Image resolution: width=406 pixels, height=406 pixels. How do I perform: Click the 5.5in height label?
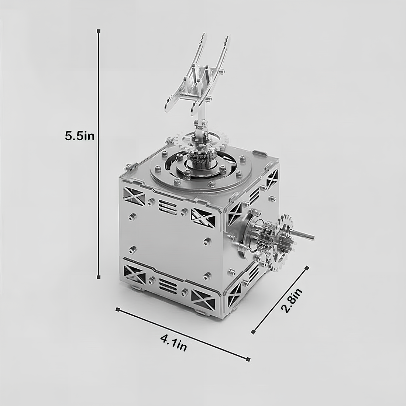(x=79, y=136)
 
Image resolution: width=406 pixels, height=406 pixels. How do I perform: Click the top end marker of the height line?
(x=99, y=31)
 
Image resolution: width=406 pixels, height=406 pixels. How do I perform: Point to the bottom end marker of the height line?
(x=99, y=277)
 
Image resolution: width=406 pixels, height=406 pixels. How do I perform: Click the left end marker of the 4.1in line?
(x=117, y=309)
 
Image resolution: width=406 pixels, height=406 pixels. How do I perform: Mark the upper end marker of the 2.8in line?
(x=307, y=268)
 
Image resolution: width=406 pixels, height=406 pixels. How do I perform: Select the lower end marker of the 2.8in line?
(x=253, y=332)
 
